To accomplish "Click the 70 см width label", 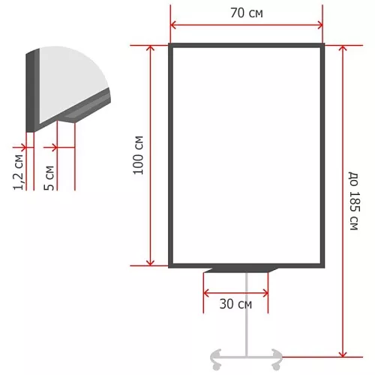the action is click(x=247, y=13).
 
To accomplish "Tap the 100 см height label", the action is click(x=138, y=155).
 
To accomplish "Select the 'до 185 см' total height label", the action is click(x=354, y=201).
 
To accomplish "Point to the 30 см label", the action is click(x=235, y=304).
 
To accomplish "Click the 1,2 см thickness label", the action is click(x=19, y=172).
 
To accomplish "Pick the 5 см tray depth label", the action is click(x=49, y=178).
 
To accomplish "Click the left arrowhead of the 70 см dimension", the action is click(x=173, y=25).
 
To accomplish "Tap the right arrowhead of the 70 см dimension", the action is click(x=319, y=25).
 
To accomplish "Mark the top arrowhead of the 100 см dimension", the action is click(x=150, y=48).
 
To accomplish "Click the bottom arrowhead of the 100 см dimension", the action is click(x=150, y=262).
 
